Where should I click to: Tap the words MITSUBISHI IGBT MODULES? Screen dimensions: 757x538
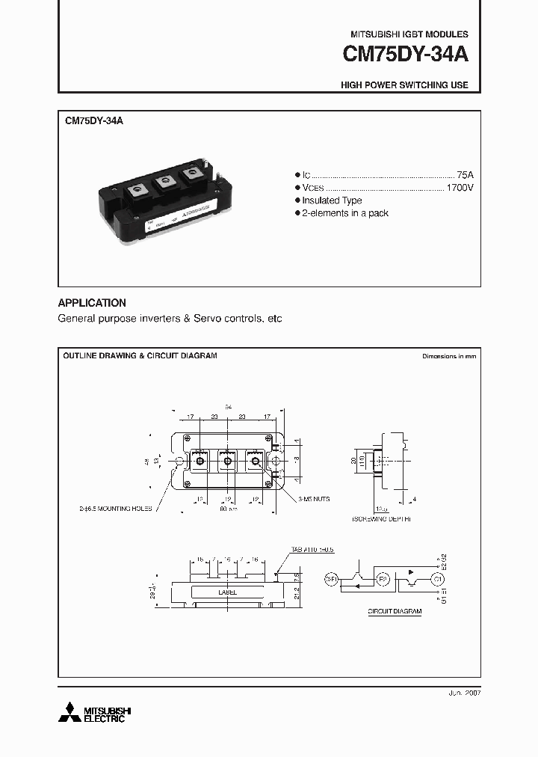[409, 34]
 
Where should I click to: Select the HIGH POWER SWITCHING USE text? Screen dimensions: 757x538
[404, 85]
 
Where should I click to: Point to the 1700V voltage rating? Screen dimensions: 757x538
[460, 187]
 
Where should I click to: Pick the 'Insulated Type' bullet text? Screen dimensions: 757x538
[332, 200]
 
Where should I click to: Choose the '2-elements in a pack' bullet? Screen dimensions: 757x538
[345, 214]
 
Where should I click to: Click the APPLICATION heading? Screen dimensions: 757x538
[92, 303]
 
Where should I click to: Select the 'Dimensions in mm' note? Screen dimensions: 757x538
[448, 357]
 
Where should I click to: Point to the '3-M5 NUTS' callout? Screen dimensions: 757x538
[312, 498]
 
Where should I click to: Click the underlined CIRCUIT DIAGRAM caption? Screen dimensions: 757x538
[394, 611]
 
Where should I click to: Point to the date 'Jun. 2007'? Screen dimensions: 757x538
[463, 693]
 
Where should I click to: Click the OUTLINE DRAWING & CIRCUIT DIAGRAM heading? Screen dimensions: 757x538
[140, 356]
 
